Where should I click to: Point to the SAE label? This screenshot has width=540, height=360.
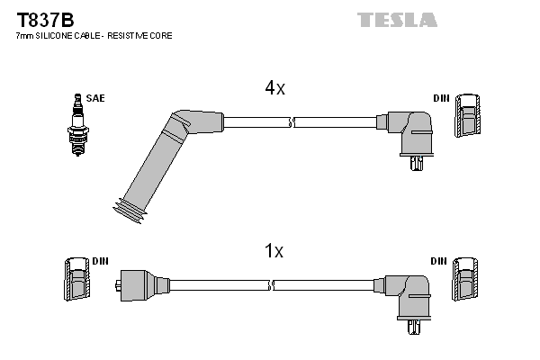(x=94, y=97)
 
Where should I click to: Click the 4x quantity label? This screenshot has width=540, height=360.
(x=274, y=88)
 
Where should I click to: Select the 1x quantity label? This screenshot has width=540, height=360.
(x=274, y=252)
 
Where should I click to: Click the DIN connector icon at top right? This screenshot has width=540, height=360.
(x=467, y=117)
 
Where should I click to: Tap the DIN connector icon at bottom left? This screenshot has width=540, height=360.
(x=75, y=280)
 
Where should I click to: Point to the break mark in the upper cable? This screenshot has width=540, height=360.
(x=292, y=120)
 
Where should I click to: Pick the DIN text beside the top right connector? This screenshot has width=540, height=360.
(x=440, y=97)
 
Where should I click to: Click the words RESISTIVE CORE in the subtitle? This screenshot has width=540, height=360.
(x=143, y=35)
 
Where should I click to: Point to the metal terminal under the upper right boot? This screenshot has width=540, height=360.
(x=414, y=164)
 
